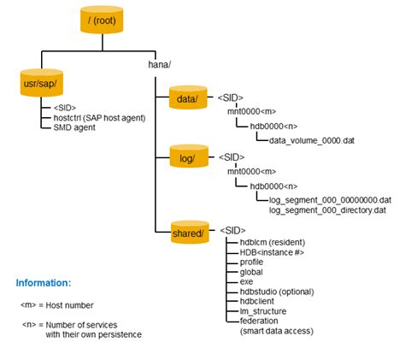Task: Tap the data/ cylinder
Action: (186, 99)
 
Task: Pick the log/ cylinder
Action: (186, 160)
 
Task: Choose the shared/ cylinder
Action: (186, 232)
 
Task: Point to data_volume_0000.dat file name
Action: (311, 139)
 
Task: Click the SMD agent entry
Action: (64, 127)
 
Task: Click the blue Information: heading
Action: (44, 282)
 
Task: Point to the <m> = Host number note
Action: (57, 304)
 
